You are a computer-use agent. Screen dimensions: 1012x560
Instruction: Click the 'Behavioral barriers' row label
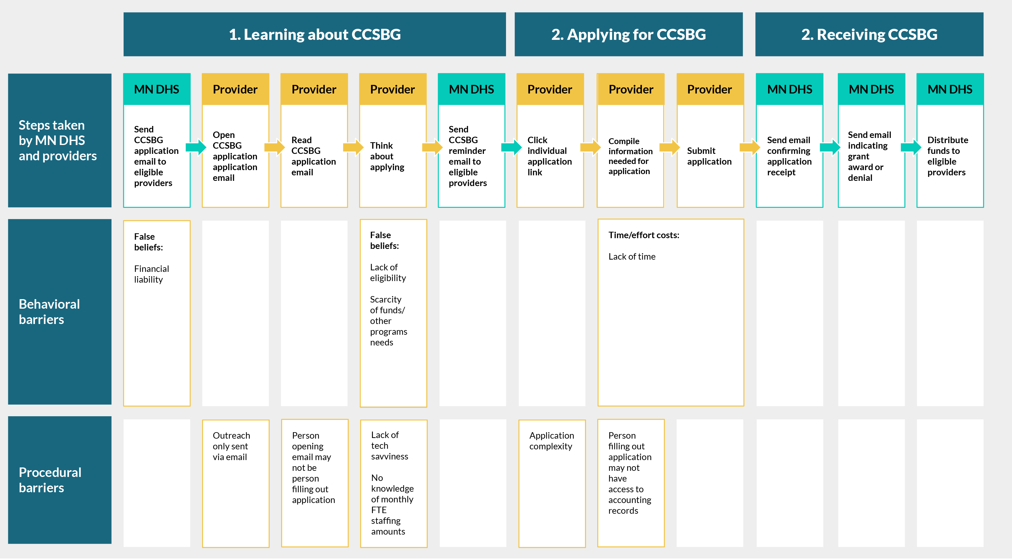[x=49, y=312]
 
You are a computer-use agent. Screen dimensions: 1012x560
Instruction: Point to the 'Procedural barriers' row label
[x=50, y=480]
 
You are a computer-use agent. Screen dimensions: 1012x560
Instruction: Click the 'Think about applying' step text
[x=387, y=156]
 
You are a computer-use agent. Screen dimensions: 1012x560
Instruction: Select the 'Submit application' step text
[x=709, y=156]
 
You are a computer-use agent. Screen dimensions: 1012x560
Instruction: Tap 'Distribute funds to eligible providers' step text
[x=948, y=156]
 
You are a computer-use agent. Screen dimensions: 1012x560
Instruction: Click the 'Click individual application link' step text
[x=550, y=156]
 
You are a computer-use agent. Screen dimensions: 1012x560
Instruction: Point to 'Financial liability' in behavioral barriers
[x=151, y=274]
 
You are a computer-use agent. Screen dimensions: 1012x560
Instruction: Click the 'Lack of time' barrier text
[x=632, y=257]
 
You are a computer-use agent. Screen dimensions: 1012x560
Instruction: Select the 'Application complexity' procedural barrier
[x=552, y=441]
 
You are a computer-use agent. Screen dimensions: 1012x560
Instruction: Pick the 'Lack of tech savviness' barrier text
[x=389, y=446]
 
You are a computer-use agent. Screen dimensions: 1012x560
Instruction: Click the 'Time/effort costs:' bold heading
[x=643, y=235]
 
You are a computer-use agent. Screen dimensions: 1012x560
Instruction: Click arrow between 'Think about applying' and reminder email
[x=432, y=147]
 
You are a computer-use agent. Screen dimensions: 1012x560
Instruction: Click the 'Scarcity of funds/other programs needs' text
[x=388, y=321]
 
